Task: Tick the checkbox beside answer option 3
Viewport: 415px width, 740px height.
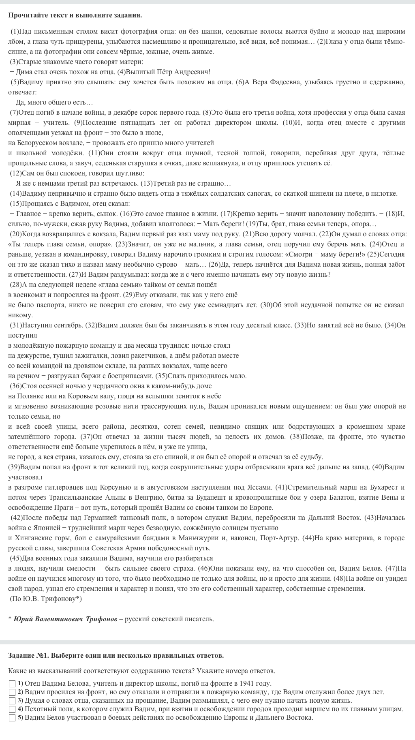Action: point(12,701)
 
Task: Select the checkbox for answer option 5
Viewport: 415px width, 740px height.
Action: point(12,718)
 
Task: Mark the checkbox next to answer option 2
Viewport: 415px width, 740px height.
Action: point(12,692)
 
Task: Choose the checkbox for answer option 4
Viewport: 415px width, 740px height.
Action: point(12,709)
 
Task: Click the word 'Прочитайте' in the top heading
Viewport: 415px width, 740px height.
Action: point(27,15)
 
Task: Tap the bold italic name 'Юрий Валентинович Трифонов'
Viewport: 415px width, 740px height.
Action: point(65,619)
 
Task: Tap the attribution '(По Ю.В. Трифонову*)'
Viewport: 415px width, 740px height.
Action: point(45,599)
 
